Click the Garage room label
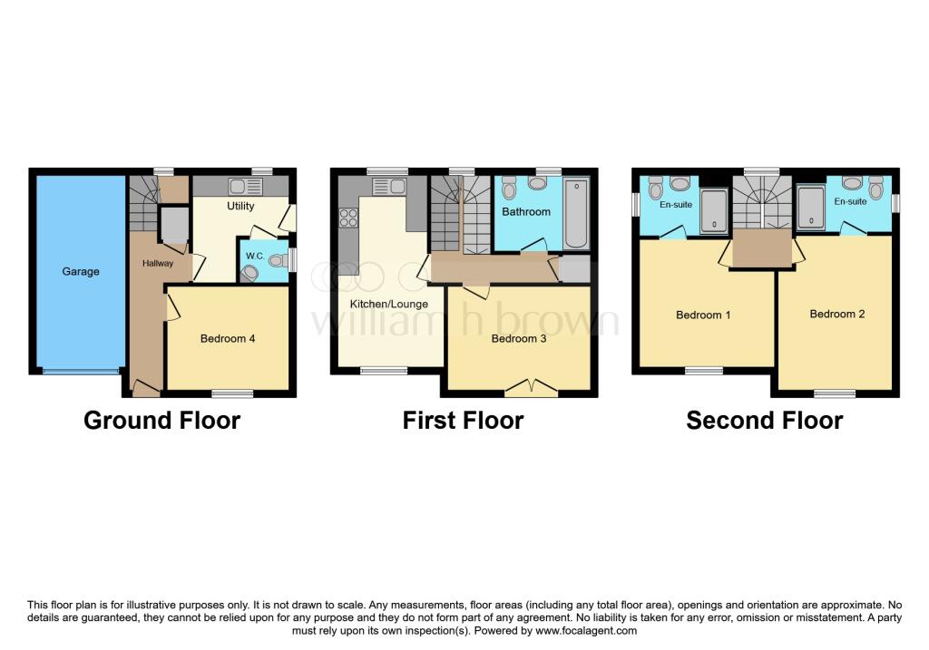pyautogui.click(x=81, y=271)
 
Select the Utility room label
pyautogui.click(x=240, y=206)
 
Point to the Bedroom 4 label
pyautogui.click(x=227, y=339)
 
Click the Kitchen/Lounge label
pyautogui.click(x=389, y=304)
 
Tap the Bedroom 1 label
pyautogui.click(x=703, y=315)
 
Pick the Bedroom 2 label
pyautogui.click(x=836, y=314)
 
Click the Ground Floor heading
pyautogui.click(x=161, y=421)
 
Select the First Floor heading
pyautogui.click(x=463, y=421)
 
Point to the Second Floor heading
pyautogui.click(x=764, y=421)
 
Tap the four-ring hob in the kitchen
pyautogui.click(x=348, y=218)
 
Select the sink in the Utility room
pyautogui.click(x=245, y=187)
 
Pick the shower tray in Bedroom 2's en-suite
pyautogui.click(x=810, y=209)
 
